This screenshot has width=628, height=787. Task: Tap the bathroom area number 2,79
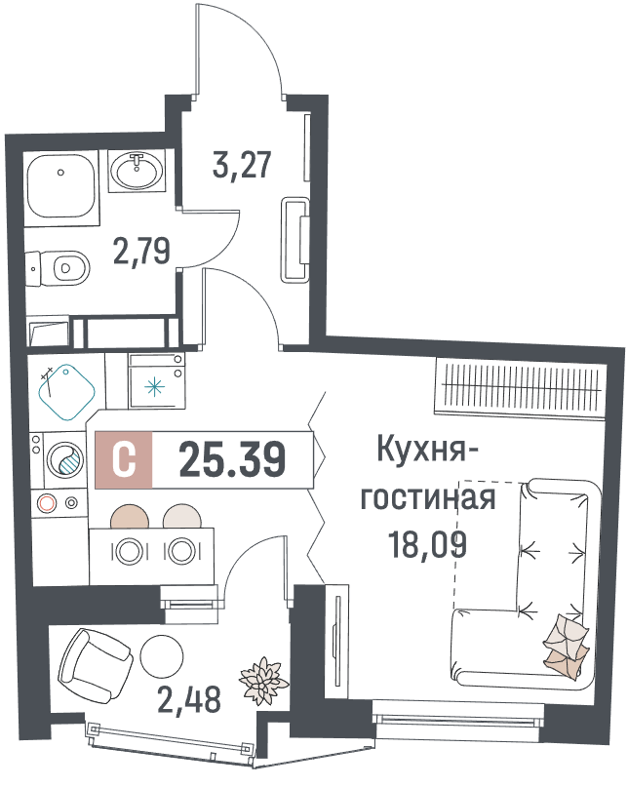point(142,251)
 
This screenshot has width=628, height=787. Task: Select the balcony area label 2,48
point(189,699)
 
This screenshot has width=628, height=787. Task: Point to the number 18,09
point(428,544)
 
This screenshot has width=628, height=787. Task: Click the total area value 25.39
point(233,459)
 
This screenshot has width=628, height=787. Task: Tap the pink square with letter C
point(124,459)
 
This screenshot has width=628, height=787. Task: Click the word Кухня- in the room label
point(427,450)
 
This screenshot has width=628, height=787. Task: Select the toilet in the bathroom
point(58,268)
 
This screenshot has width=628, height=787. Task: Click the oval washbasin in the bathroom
point(137,171)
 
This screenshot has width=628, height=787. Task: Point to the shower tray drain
point(60,173)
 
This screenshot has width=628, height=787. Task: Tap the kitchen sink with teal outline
point(66,392)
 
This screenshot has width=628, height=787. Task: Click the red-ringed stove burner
point(46,503)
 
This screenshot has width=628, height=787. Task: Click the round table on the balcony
point(162,656)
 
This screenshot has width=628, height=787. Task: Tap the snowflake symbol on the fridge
point(154,387)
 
